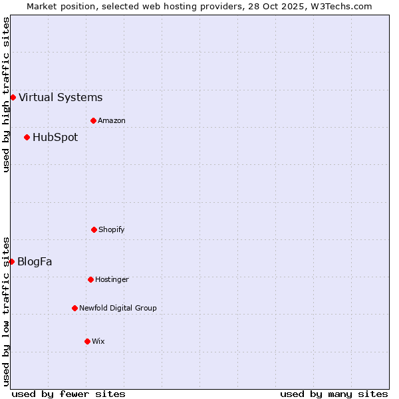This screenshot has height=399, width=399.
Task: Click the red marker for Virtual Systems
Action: (13, 97)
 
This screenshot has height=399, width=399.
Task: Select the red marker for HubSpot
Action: (27, 138)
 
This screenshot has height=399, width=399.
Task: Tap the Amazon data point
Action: (93, 120)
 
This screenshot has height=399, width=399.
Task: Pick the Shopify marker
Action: (94, 229)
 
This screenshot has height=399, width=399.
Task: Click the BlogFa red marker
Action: (11, 261)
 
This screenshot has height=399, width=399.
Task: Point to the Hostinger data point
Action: (90, 279)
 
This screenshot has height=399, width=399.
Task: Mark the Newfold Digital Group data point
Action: (74, 308)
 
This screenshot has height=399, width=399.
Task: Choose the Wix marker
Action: (87, 341)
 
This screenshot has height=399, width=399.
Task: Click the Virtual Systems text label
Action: (61, 97)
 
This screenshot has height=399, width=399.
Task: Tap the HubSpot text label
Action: (55, 138)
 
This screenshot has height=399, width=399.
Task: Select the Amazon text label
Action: (112, 120)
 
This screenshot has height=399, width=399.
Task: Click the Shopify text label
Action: (112, 229)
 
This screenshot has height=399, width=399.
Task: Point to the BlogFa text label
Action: (35, 261)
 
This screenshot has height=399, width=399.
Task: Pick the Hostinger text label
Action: (112, 279)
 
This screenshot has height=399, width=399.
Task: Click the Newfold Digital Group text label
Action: (118, 308)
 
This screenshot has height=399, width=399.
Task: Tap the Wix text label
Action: (98, 341)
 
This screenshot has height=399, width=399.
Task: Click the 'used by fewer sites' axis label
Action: (68, 394)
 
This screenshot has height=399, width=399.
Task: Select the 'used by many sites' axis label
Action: (334, 394)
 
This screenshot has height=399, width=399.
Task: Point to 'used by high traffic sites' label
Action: (6, 94)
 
